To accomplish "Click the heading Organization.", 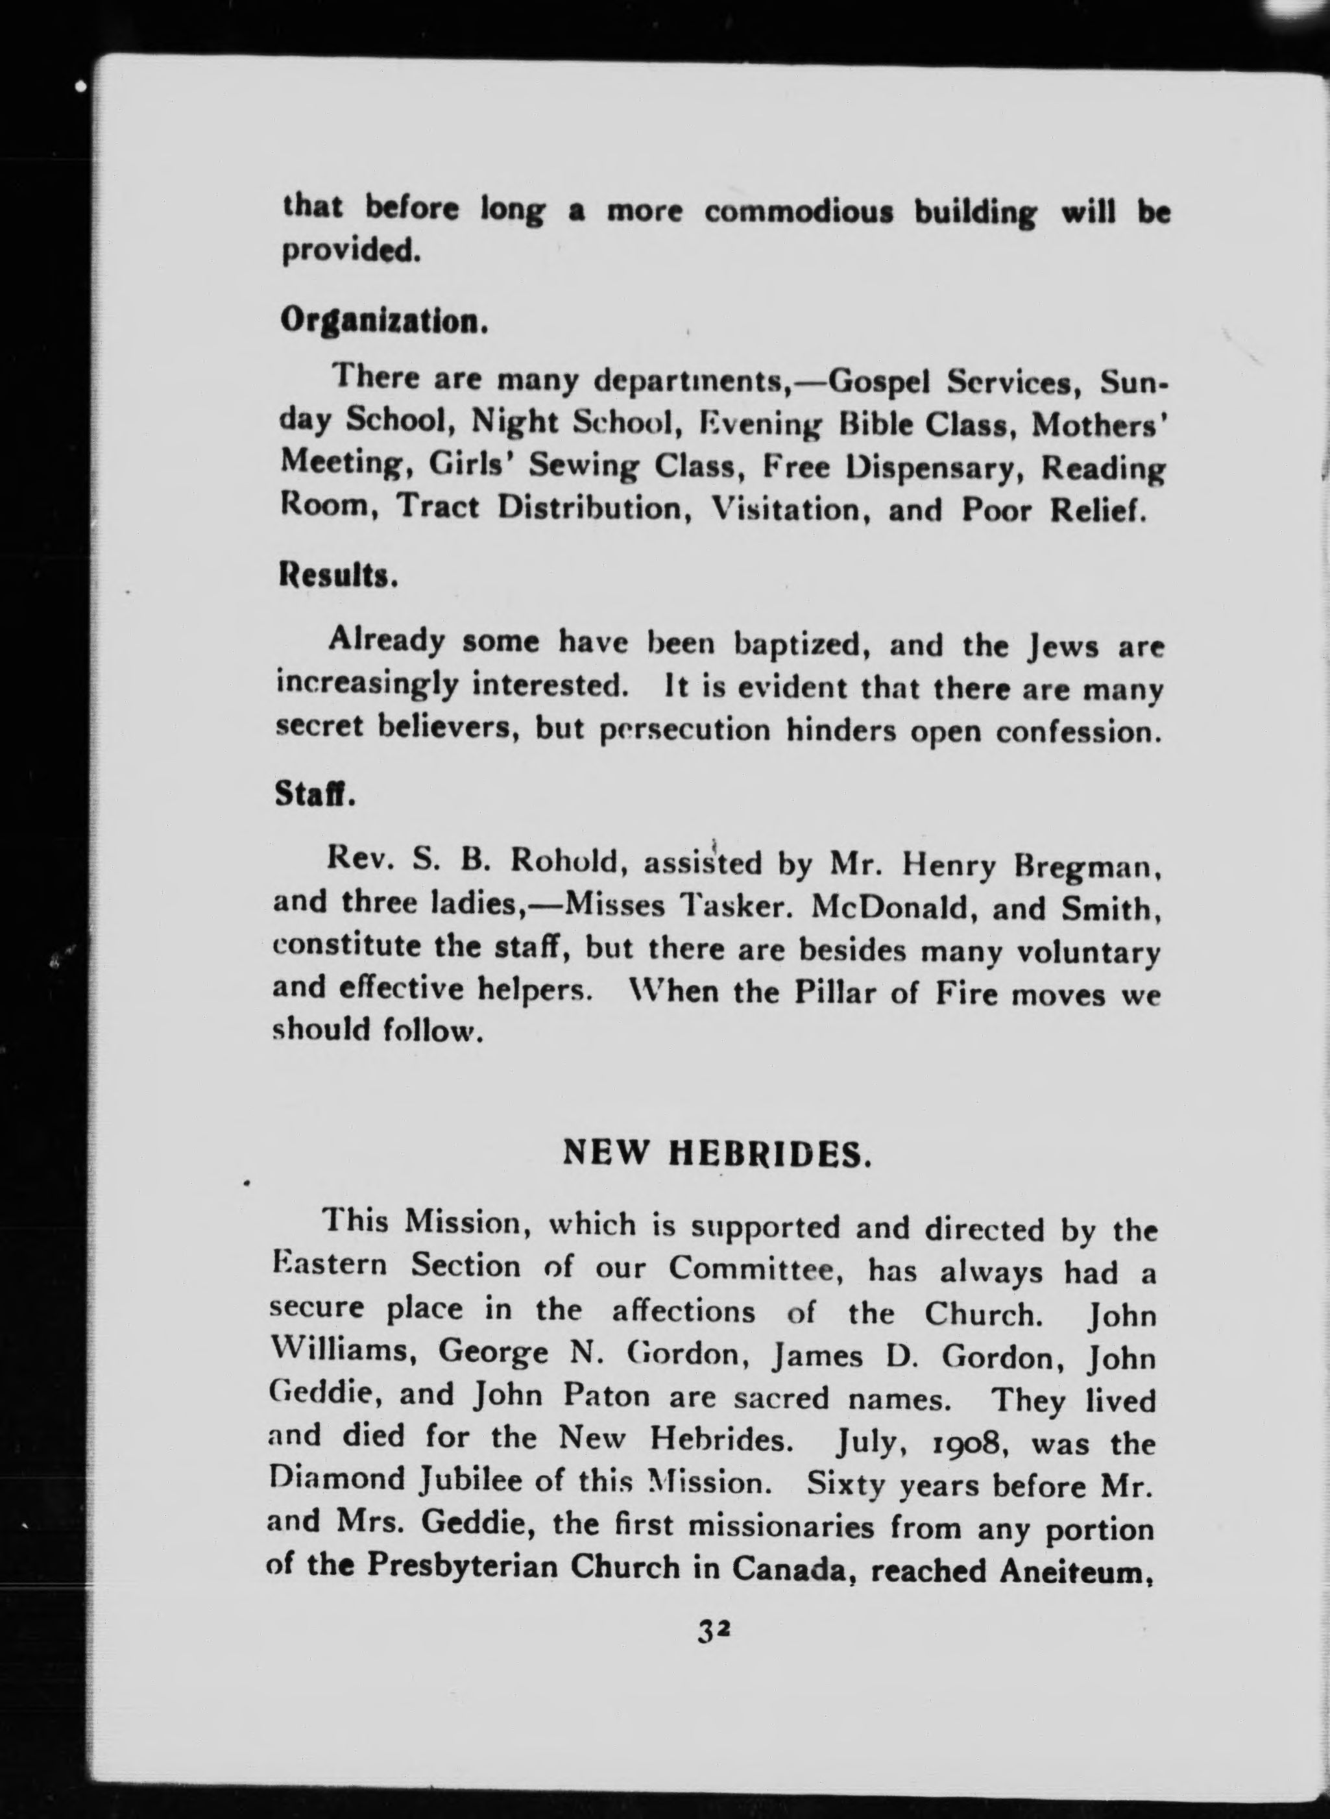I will [x=383, y=322].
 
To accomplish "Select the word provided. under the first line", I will [x=351, y=252].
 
